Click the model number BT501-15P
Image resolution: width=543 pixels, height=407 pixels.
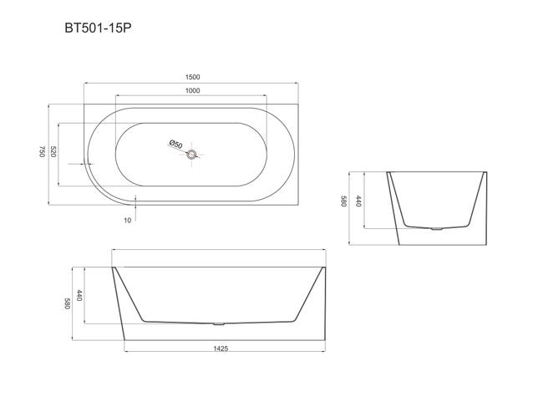(98, 28)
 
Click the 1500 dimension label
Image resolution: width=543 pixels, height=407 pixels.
(192, 77)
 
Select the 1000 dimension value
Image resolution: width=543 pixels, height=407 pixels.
(192, 91)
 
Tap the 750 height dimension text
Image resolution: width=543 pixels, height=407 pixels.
(42, 152)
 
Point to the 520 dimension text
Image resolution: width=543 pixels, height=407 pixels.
(53, 152)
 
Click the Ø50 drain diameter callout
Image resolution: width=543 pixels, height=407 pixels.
(176, 144)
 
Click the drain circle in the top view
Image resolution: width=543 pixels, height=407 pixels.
(191, 155)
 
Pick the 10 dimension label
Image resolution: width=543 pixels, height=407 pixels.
(128, 221)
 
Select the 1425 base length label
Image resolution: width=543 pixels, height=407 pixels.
(221, 348)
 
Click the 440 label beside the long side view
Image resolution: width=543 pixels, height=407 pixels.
(79, 295)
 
